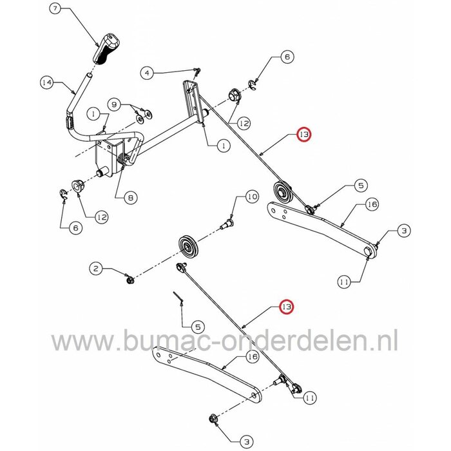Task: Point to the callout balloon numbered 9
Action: pos(113,104)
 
